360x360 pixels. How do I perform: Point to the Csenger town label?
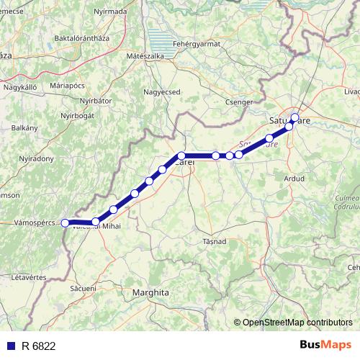click(x=238, y=102)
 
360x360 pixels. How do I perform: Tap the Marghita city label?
click(x=150, y=293)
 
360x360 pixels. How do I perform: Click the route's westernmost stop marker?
click(x=64, y=223)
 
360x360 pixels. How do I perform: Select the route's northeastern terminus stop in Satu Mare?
click(x=294, y=117)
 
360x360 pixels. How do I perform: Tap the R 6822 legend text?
click(x=39, y=346)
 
